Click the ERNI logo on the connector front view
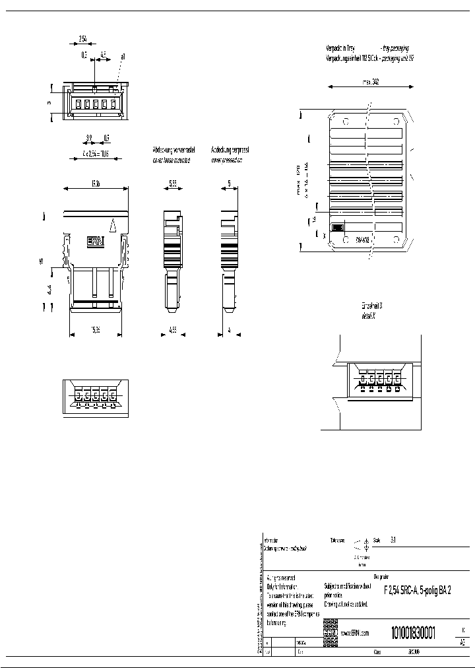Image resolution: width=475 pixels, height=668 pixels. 96,242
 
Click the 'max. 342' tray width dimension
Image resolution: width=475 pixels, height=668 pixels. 369,83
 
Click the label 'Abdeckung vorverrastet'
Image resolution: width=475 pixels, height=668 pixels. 170,150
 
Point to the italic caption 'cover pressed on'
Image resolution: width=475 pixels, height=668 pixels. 226,159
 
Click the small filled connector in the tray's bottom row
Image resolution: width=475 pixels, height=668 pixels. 337,227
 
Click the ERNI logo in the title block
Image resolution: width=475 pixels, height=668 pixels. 330,632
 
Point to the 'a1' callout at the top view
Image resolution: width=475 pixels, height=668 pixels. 123,58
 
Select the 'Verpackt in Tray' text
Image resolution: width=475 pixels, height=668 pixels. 341,48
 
